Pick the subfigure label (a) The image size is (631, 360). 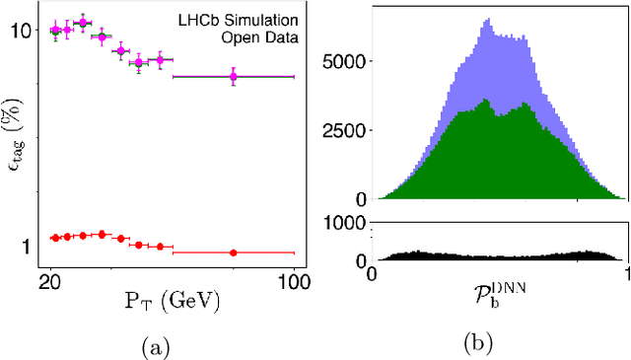(155, 345)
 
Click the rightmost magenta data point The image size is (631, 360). (234, 76)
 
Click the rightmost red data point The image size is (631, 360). (234, 252)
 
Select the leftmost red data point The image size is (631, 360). (56, 238)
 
